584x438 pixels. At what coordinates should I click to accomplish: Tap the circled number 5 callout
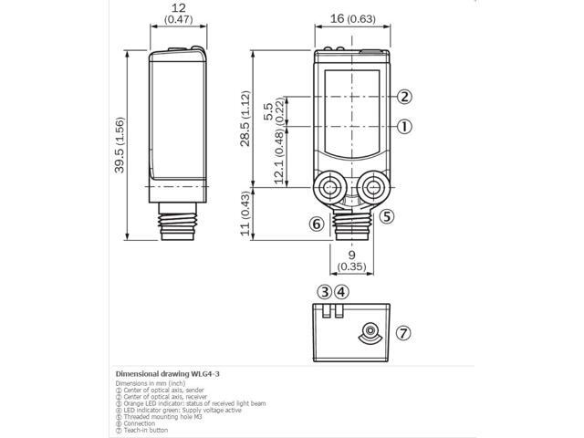387,216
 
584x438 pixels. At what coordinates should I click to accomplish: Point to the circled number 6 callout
317,224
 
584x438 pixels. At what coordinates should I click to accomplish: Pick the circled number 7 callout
404,333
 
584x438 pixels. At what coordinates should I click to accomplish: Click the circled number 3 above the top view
324,292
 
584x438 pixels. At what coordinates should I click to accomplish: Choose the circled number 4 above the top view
341,292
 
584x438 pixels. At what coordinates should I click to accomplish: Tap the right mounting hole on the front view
372,189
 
